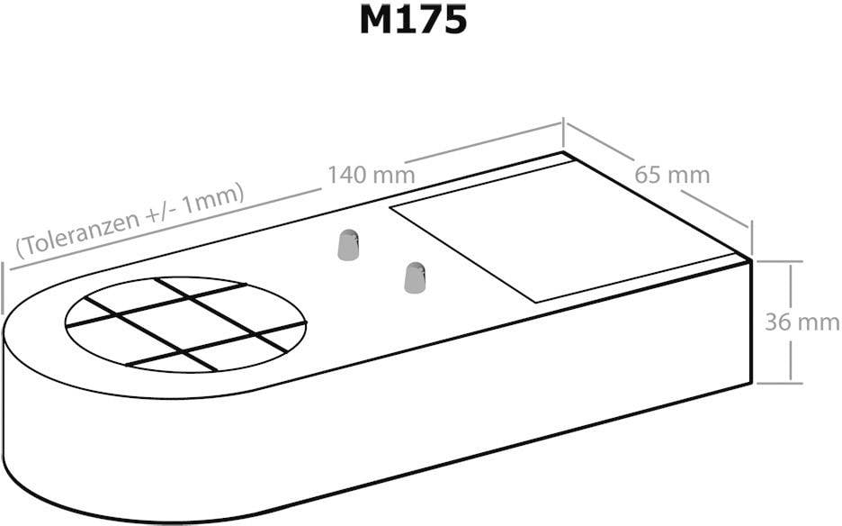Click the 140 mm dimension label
pyautogui.click(x=371, y=174)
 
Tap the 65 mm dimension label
pyautogui.click(x=672, y=174)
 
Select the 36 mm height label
pyautogui.click(x=802, y=322)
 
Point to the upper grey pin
pyautogui.click(x=348, y=245)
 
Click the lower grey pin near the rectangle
pyautogui.click(x=414, y=277)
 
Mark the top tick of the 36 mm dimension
pyautogui.click(x=779, y=262)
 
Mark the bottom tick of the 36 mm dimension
pyautogui.click(x=779, y=382)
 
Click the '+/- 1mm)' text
pyautogui.click(x=207, y=203)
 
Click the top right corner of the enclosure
pyautogui.click(x=750, y=258)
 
